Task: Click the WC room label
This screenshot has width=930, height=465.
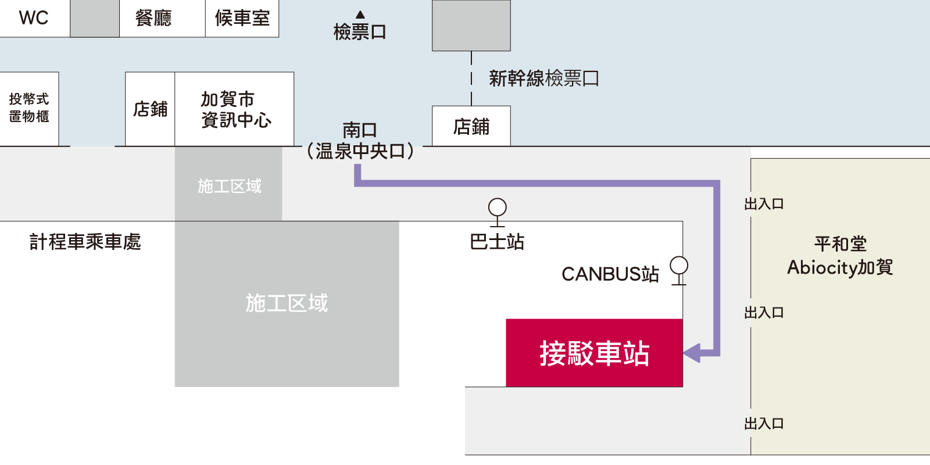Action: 34,18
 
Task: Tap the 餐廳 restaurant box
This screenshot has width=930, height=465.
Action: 162,19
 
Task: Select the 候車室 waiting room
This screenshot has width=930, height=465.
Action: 242,19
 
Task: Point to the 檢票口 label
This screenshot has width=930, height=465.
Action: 360,32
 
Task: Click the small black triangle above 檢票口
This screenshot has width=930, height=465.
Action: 360,15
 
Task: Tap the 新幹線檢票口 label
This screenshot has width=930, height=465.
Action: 544,78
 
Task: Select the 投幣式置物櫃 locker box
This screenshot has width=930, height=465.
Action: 29,109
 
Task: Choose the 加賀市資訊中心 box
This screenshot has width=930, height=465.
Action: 234,109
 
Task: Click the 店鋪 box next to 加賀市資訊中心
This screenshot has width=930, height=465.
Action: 150,109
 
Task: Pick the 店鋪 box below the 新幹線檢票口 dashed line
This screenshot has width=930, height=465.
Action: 471,126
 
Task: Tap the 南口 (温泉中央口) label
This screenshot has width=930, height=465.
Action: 360,141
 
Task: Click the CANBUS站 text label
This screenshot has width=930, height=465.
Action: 610,274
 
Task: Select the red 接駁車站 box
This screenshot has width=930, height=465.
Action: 594,353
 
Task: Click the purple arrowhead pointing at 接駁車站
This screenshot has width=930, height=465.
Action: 692,353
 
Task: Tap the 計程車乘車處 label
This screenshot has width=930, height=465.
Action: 85,242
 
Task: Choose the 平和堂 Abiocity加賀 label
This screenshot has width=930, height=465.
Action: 840,256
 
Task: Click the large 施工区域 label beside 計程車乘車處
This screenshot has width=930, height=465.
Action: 287,303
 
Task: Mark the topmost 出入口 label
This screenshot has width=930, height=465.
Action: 764,204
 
